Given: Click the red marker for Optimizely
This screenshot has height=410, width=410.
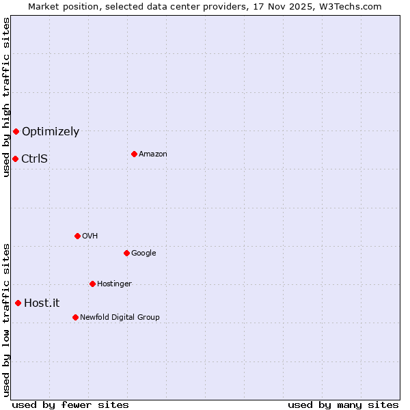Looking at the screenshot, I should [16, 131].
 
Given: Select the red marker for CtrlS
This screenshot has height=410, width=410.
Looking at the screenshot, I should [15, 159].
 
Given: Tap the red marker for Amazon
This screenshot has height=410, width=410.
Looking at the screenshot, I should [134, 154].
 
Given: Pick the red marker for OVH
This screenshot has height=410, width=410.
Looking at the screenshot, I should [77, 236].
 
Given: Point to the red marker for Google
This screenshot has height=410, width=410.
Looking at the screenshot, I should [126, 253].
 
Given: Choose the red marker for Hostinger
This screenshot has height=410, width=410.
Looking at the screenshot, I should [92, 284].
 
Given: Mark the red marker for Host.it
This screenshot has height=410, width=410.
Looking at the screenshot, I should [18, 303].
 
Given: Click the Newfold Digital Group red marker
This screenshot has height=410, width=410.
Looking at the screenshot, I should [75, 317].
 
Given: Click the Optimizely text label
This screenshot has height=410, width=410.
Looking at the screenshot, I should [51, 132].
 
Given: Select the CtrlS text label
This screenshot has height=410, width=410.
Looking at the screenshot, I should [34, 159].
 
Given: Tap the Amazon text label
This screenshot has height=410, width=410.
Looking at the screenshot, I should [153, 154].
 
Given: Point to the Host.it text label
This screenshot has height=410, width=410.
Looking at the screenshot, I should [42, 303].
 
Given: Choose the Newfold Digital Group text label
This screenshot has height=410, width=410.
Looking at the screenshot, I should [120, 317].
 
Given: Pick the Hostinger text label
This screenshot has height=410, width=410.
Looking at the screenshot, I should [114, 284].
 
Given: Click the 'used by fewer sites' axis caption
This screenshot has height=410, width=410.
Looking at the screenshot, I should [70, 405].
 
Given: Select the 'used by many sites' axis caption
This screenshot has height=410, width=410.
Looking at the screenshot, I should [343, 405].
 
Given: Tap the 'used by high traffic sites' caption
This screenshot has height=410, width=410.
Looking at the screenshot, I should [6, 98].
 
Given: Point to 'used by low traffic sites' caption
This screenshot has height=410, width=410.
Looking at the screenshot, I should [6, 320].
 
